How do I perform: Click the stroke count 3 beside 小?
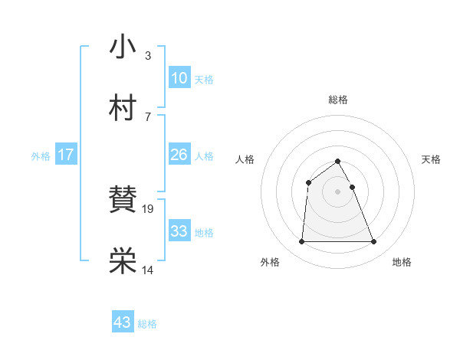pyautogui.click(x=147, y=55)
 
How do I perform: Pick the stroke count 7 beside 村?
pyautogui.click(x=147, y=116)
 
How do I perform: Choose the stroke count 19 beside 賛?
pyautogui.click(x=149, y=208)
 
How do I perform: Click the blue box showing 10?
pyautogui.click(x=179, y=77)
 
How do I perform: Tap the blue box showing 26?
pyautogui.click(x=179, y=155)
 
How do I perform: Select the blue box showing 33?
pyautogui.click(x=179, y=231)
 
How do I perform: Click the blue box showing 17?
pyautogui.click(x=65, y=155)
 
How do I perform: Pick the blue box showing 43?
pyautogui.click(x=123, y=322)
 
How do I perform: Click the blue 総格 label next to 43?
pyautogui.click(x=147, y=325)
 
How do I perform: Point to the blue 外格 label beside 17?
pyautogui.click(x=41, y=156)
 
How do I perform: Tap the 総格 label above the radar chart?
pyautogui.click(x=338, y=100)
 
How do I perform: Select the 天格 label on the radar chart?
pyautogui.click(x=432, y=159)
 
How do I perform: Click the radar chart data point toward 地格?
pyautogui.click(x=374, y=242)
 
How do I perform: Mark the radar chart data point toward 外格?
pyautogui.click(x=301, y=242)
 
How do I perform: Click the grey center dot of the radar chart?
pyautogui.click(x=338, y=191)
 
